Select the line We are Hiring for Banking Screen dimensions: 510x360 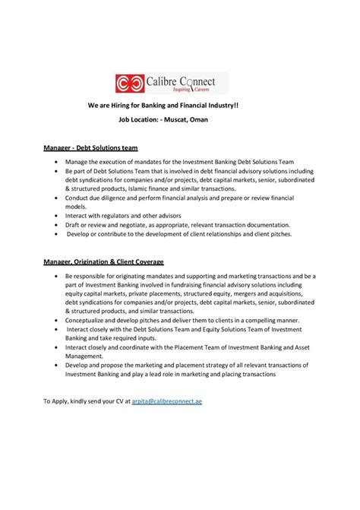click(x=179, y=108)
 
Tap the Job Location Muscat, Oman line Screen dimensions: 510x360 click(x=179, y=120)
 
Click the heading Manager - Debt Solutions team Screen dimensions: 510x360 click(x=90, y=147)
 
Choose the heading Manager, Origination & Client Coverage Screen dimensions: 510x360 click(x=114, y=262)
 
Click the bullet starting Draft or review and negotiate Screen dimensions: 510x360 click(x=178, y=225)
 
